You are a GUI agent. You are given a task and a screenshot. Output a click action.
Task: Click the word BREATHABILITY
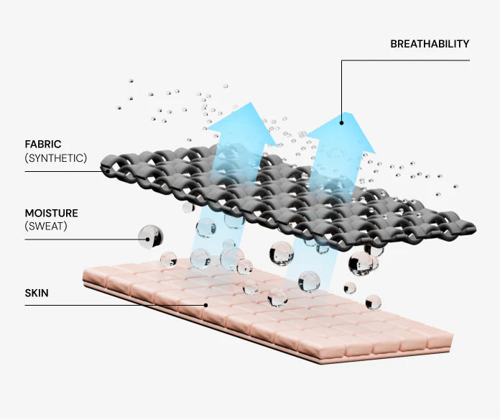tap(430, 44)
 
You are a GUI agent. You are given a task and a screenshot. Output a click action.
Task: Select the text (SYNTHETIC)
tap(55, 157)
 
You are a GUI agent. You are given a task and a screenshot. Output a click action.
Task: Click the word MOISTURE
tap(51, 214)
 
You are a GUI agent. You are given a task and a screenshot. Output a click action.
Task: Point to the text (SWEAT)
tap(47, 227)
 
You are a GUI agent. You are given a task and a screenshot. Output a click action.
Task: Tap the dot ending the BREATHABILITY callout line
tap(342, 122)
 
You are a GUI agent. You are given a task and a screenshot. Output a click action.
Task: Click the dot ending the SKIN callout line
tap(206, 305)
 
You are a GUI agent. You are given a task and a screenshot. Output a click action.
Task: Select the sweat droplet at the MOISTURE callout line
tap(151, 236)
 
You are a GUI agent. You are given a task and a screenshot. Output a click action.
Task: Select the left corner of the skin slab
tap(85, 274)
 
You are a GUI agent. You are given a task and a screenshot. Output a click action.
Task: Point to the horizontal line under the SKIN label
tap(115, 305)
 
